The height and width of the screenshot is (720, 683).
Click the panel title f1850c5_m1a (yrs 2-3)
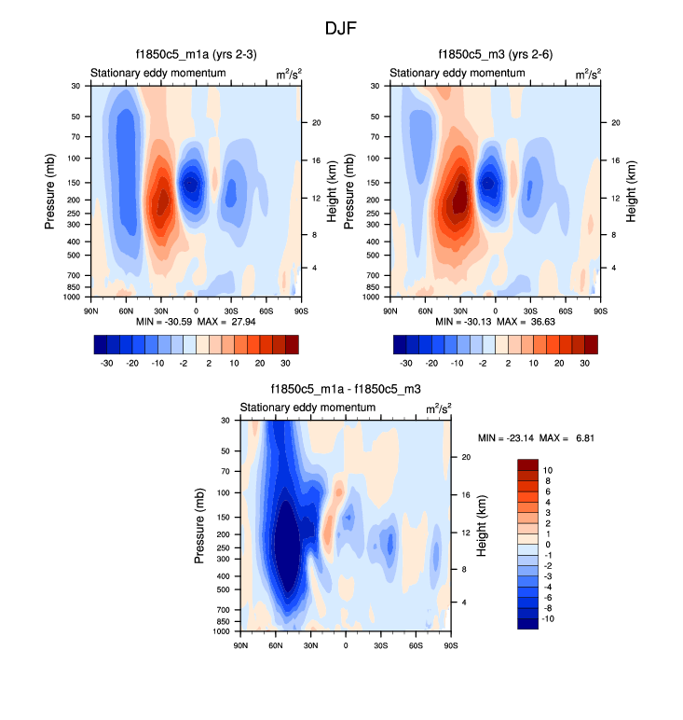pyautogui.click(x=190, y=55)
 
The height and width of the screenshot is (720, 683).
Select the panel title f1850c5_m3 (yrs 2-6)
pyautogui.click(x=495, y=55)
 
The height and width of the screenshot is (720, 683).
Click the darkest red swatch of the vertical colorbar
pyautogui.click(x=527, y=464)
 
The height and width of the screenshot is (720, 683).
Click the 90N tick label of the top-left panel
pyautogui.click(x=91, y=310)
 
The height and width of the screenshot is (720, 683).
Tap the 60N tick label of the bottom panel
pyautogui.click(x=276, y=644)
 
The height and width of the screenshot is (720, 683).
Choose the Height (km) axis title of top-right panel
pyautogui.click(x=631, y=190)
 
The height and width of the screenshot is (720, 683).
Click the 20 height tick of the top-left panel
pyautogui.click(x=316, y=123)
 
